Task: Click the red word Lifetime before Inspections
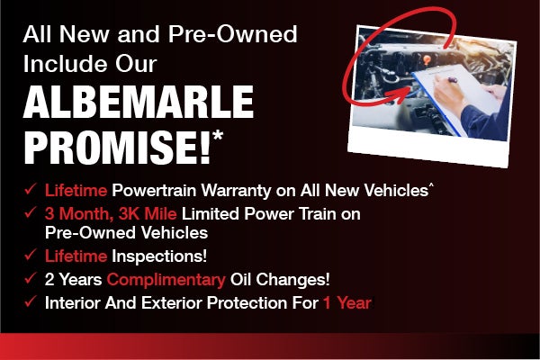point(76,257)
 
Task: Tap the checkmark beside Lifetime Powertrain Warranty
point(30,190)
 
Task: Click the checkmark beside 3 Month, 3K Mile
point(30,213)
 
